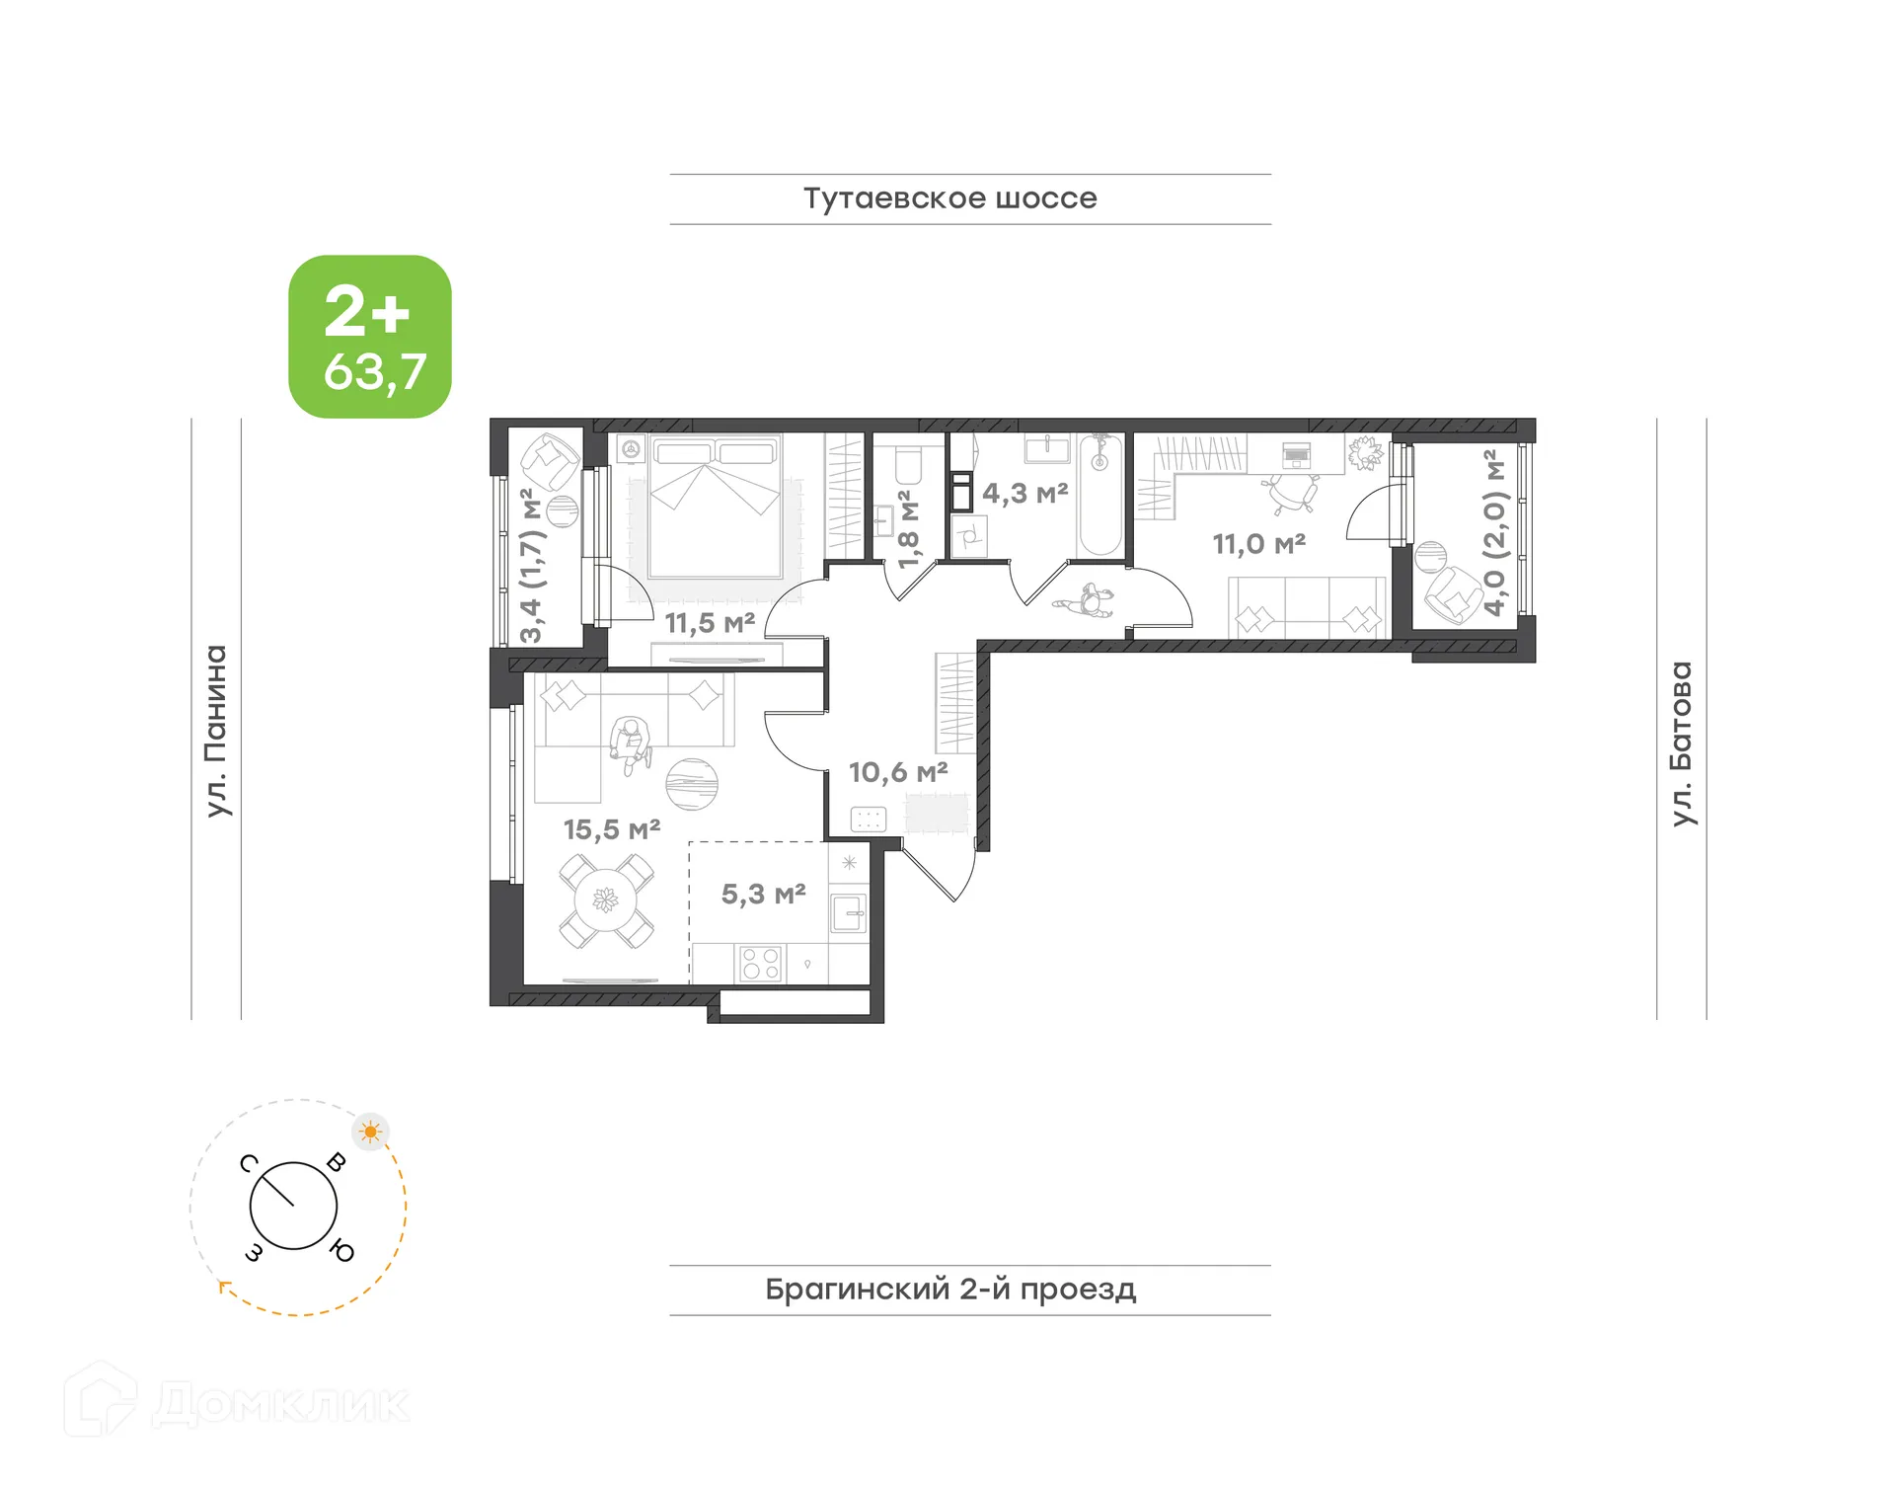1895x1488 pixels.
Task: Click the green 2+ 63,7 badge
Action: click(x=370, y=337)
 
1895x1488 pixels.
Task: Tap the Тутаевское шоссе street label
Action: click(x=949, y=198)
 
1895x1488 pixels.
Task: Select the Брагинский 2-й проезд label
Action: click(x=950, y=1290)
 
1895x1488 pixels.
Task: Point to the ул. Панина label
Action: click(x=216, y=731)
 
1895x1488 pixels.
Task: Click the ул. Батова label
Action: click(x=1681, y=743)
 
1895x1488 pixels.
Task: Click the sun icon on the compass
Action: click(x=371, y=1132)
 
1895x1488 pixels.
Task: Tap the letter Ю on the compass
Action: click(x=341, y=1251)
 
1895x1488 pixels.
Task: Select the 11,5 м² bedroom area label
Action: click(x=710, y=623)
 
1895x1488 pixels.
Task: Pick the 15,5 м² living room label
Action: click(x=612, y=829)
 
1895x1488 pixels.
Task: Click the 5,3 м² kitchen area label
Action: click(x=763, y=895)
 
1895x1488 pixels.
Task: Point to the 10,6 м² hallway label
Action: click(x=898, y=772)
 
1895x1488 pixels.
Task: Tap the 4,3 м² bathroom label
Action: click(x=1024, y=493)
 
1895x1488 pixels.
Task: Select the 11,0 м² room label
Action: click(x=1258, y=544)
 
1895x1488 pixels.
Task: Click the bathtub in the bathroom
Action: click(x=1099, y=496)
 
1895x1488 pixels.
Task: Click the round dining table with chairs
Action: click(x=605, y=901)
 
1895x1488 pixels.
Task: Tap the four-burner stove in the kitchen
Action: click(x=760, y=964)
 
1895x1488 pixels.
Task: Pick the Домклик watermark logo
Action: click(x=237, y=1403)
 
